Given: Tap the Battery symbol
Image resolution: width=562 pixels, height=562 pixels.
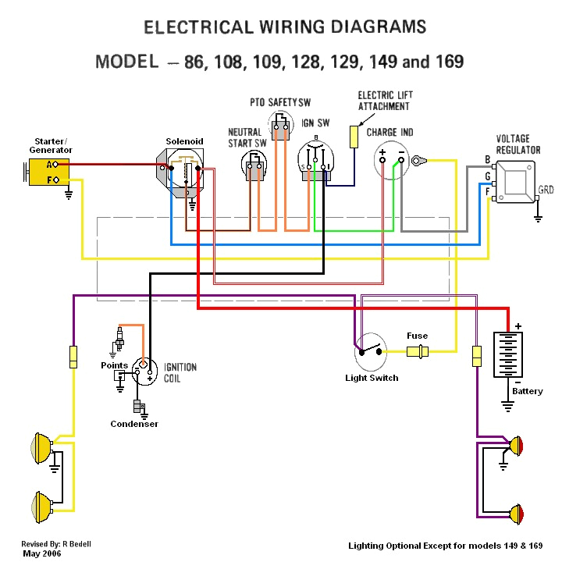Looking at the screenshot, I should pos(507,356).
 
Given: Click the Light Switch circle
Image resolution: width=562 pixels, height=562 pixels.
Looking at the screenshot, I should pos(371,353).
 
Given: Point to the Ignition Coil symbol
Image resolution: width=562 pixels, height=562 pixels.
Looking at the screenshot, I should pos(143,368).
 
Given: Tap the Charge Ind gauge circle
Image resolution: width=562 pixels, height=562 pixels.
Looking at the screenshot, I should pos(392,161).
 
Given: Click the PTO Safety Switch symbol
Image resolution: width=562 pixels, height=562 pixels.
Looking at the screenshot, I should pos(279,126).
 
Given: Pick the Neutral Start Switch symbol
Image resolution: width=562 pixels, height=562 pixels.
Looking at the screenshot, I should pos(254,165).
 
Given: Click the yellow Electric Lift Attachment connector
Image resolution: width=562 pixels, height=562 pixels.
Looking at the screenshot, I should pos(354,135).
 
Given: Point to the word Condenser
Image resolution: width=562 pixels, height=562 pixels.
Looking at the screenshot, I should pos(134,424).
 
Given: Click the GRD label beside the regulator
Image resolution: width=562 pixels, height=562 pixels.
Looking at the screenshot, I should pos(546,190).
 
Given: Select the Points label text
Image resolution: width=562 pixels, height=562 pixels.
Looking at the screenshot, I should pos(114,365).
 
